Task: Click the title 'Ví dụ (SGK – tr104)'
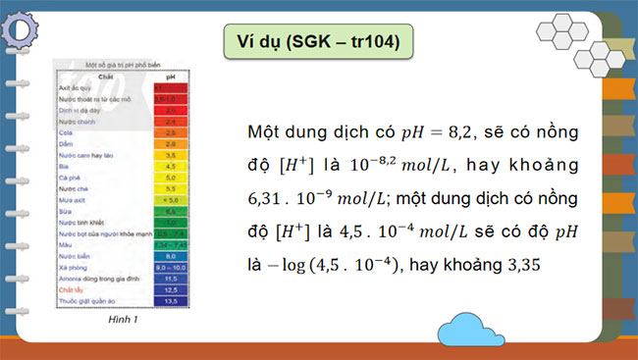pyautogui.click(x=319, y=41)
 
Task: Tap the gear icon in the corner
pyautogui.click(x=22, y=22)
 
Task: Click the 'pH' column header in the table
pyautogui.click(x=170, y=77)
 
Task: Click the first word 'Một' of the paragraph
pyautogui.click(x=262, y=131)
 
